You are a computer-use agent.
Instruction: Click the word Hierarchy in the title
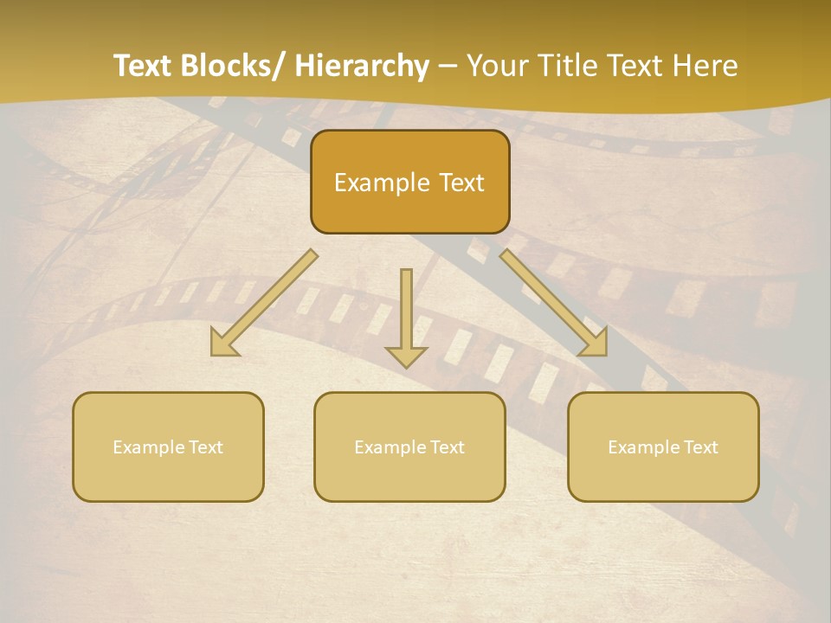[x=362, y=66]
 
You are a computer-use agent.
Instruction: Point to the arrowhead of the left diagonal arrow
[x=223, y=344]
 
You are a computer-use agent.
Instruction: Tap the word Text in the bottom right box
[x=701, y=447]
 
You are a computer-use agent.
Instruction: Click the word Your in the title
[x=496, y=66]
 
